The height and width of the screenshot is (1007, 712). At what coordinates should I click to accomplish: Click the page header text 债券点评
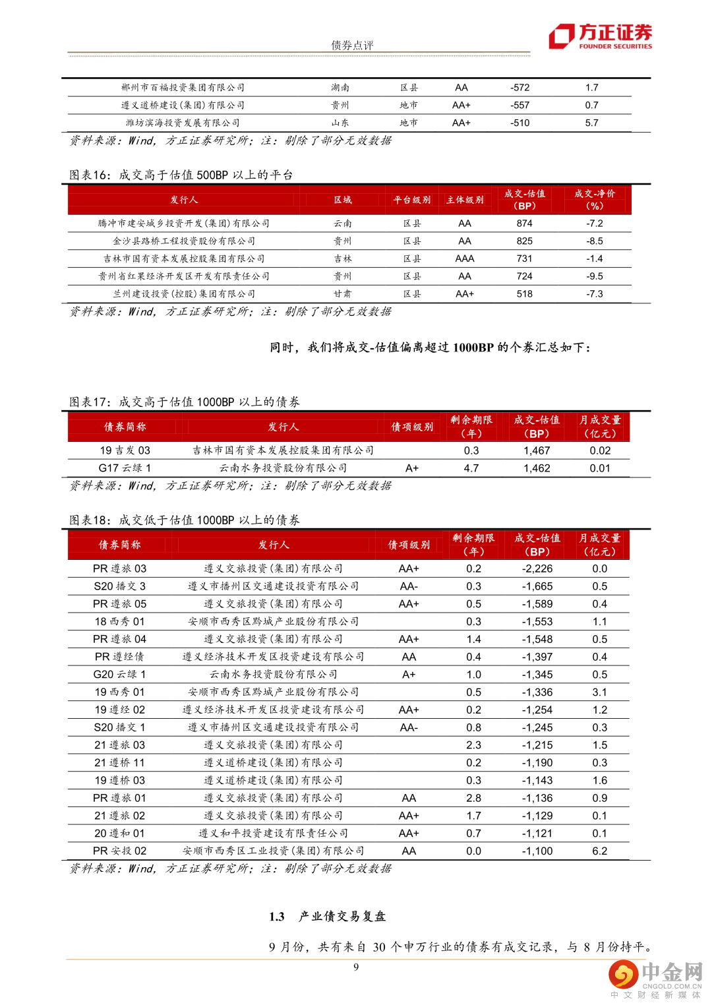tap(352, 45)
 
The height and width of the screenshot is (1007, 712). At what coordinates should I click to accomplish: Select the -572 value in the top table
tap(519, 87)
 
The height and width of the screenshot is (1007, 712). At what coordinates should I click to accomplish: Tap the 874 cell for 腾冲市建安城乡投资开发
tap(525, 224)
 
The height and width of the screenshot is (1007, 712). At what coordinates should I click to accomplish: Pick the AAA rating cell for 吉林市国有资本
tap(465, 259)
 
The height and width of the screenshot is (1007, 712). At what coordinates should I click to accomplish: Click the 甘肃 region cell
tap(342, 294)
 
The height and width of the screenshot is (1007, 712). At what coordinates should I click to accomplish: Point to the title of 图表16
tap(181, 175)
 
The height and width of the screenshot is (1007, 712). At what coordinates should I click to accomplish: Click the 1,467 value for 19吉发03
tap(537, 450)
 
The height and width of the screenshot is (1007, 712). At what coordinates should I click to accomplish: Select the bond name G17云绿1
tap(125, 468)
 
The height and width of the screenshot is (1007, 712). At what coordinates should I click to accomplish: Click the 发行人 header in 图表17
tap(283, 427)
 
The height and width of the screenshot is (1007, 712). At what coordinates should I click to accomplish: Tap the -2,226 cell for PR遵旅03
tap(537, 568)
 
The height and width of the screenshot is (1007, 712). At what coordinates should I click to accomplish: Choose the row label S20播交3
tap(119, 586)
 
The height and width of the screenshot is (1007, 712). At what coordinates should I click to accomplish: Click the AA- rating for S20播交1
tap(409, 727)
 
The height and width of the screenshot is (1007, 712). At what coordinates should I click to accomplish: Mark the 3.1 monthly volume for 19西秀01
tap(599, 692)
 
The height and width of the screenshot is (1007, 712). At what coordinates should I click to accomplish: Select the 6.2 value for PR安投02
tap(599, 851)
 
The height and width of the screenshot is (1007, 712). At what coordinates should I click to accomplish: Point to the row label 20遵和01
tap(119, 834)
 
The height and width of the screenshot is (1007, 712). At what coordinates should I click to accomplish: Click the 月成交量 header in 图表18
tap(599, 545)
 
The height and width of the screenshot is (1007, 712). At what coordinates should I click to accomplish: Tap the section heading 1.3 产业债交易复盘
tap(327, 916)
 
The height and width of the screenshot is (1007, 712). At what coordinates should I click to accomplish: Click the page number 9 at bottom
tap(356, 967)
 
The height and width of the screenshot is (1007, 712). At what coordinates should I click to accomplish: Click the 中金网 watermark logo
tap(655, 977)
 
